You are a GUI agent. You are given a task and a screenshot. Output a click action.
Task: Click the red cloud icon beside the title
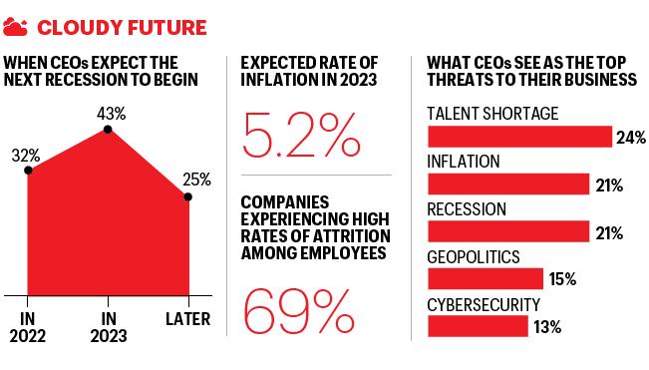tap(15, 27)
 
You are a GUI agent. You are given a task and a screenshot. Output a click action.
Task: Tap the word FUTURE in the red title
tap(166, 28)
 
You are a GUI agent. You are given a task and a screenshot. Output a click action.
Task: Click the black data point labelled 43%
tap(108, 130)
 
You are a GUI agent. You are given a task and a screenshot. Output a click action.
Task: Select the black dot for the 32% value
tap(28, 171)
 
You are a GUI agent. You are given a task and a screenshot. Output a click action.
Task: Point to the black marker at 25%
tap(187, 196)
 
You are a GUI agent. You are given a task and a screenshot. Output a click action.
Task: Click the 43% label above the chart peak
tap(112, 114)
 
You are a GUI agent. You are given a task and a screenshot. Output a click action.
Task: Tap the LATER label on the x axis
tap(187, 319)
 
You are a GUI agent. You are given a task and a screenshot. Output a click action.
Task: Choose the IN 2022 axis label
tap(27, 327)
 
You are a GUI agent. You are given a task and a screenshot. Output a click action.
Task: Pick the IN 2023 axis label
tap(109, 327)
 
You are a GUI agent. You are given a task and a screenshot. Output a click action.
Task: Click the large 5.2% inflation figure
tap(301, 136)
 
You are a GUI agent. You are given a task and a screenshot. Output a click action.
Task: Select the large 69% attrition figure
tap(298, 312)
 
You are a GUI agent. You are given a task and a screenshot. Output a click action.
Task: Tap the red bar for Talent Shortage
tap(519, 137)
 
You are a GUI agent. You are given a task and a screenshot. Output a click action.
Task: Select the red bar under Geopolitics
tap(486, 279)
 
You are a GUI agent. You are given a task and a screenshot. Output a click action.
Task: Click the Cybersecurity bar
tap(479, 326)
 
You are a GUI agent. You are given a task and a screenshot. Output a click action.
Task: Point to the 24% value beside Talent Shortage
tap(631, 138)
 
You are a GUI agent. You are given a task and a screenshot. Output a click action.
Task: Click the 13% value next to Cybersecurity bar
tap(547, 327)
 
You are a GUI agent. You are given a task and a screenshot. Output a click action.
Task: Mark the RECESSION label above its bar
tap(467, 209)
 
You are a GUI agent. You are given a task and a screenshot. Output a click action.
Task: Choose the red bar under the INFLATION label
tap(508, 185)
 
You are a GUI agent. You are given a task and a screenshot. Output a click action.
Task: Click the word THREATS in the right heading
tap(460, 80)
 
